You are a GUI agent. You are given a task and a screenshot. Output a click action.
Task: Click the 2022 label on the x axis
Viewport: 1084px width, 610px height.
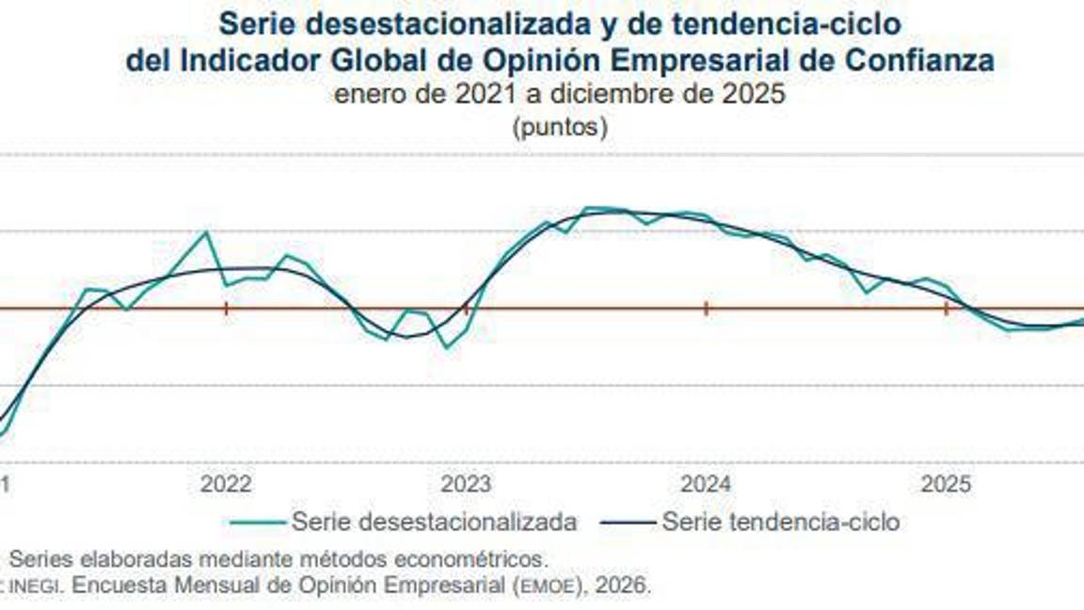[x=226, y=484]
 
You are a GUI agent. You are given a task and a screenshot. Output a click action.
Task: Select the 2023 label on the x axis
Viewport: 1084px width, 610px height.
[x=466, y=484]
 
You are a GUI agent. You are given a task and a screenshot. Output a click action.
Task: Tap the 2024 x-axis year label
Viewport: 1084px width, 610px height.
[x=706, y=484]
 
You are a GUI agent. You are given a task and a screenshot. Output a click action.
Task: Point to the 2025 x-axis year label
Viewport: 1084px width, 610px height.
[x=946, y=484]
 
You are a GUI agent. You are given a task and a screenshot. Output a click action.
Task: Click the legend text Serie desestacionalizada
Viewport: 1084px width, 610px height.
[x=434, y=522]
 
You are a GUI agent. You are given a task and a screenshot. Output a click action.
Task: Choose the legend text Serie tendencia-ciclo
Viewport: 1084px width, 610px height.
[x=781, y=522]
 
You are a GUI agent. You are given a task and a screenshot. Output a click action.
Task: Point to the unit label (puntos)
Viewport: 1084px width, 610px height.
[x=560, y=127]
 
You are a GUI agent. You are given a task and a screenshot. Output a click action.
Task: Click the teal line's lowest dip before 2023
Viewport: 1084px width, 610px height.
[x=447, y=347]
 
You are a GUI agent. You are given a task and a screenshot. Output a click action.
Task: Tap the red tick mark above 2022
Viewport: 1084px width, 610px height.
[x=226, y=308]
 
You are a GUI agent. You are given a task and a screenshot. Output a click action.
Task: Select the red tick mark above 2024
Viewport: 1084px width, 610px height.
[x=706, y=308]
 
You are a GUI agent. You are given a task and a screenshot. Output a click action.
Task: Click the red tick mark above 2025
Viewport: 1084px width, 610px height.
[x=946, y=308]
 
